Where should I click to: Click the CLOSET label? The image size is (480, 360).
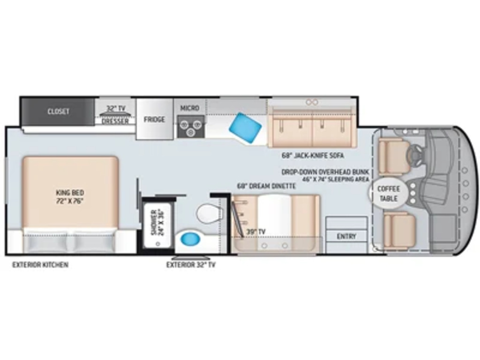58,112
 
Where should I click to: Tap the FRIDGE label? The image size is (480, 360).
154,120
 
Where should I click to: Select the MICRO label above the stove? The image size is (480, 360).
190,108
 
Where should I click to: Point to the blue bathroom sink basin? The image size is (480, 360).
190,238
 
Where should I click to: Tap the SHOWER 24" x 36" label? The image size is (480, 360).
157,222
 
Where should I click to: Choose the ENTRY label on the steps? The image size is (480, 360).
346,236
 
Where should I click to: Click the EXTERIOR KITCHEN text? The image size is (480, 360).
40,265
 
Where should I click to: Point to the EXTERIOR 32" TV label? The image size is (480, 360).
191,265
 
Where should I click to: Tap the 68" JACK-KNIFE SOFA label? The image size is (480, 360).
313,156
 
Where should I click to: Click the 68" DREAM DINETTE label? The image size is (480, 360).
267,186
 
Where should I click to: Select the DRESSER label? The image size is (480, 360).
115,121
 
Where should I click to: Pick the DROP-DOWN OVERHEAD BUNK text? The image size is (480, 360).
325,172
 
